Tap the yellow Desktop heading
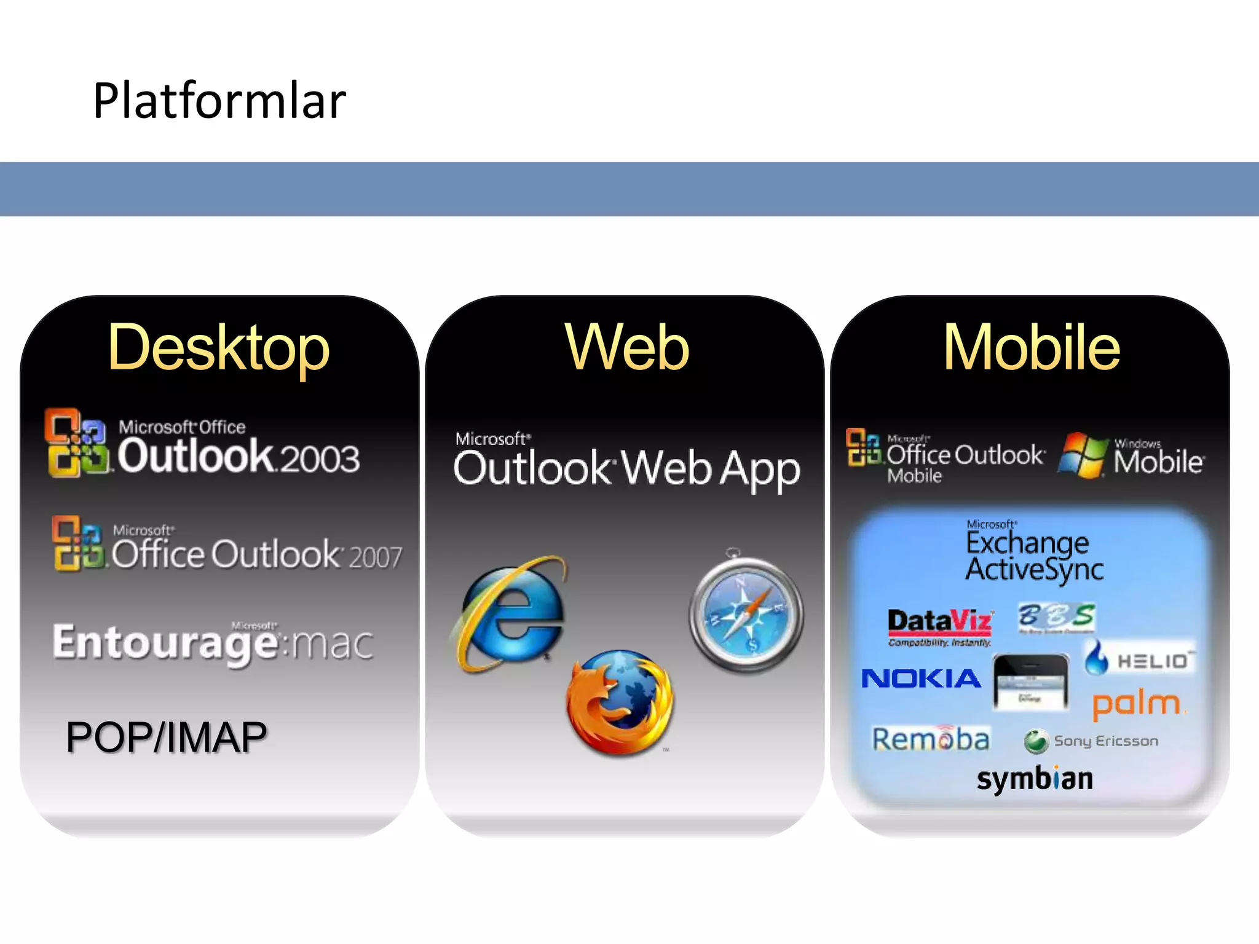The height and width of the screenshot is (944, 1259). point(219,348)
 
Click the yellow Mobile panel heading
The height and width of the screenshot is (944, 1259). point(1032,348)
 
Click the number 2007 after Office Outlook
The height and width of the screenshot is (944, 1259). point(376,557)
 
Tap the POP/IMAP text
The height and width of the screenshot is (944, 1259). point(167,737)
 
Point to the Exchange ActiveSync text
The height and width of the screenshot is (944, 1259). point(1034,556)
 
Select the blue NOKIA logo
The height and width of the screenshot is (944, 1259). point(921,678)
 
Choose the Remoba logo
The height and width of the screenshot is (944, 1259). point(931,739)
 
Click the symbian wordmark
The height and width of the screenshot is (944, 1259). point(1035,779)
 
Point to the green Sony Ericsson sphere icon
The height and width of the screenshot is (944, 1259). point(1036,741)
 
